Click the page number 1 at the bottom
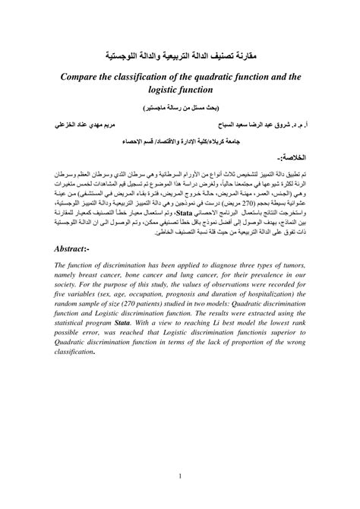point(179,477)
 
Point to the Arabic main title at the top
point(180,56)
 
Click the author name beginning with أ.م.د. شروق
point(263,123)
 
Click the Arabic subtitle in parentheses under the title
point(180,107)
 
